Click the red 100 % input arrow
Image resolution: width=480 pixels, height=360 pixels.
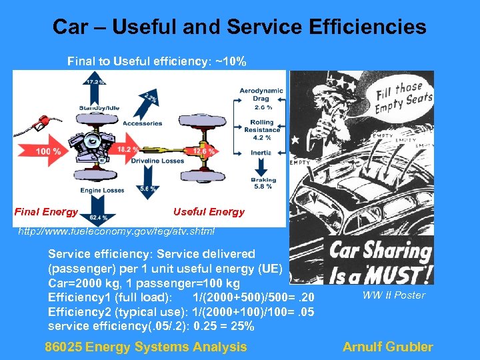click(45, 151)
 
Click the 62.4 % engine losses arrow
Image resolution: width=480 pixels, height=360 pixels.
click(99, 211)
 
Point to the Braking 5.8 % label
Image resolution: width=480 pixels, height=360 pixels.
click(263, 183)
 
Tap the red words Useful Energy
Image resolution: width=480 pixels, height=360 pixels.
click(209, 212)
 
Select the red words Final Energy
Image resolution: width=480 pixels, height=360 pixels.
click(45, 212)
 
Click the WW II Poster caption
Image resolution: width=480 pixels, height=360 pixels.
click(393, 295)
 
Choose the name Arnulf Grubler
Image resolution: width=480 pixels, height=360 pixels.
click(387, 347)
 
